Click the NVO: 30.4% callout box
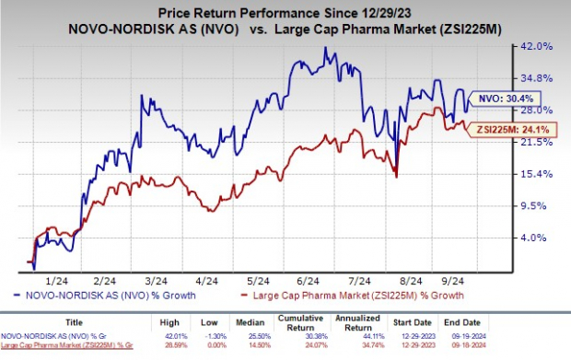point(506,97)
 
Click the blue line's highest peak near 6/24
point(324,48)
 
